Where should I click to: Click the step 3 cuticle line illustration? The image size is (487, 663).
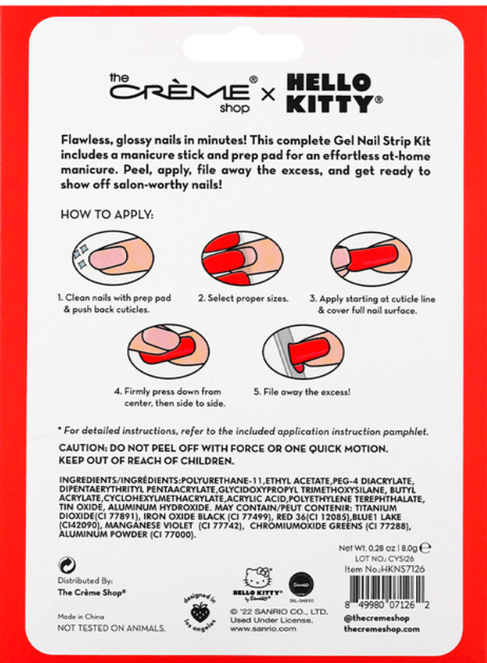[370, 258]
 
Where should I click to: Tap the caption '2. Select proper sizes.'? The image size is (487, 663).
[243, 299]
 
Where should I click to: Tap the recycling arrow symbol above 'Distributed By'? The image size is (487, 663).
[64, 564]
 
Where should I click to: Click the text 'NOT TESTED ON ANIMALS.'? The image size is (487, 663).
[111, 628]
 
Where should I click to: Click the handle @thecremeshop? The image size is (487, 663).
[375, 617]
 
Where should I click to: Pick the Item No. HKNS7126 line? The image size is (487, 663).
[384, 569]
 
